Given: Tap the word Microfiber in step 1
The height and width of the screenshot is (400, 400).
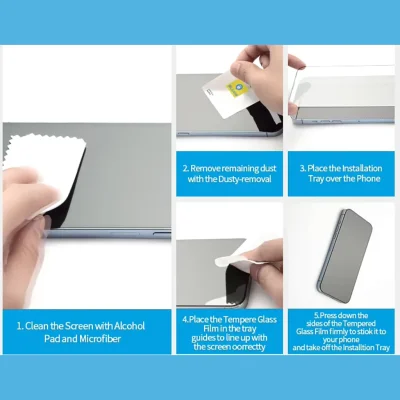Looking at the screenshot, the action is (100, 339).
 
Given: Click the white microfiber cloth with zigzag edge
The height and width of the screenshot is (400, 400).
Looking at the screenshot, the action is (43, 173).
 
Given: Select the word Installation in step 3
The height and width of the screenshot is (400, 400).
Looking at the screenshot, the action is (362, 168).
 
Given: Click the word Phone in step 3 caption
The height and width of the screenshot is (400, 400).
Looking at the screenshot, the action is (368, 179).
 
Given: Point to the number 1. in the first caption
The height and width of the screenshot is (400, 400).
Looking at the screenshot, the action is (20, 326).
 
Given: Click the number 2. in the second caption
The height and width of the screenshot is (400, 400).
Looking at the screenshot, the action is (186, 168).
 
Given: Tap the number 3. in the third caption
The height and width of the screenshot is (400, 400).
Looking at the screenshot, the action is (302, 168).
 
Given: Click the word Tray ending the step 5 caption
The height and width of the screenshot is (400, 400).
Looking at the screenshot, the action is (382, 348).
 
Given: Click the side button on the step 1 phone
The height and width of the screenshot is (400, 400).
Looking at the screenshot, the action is (162, 233).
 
